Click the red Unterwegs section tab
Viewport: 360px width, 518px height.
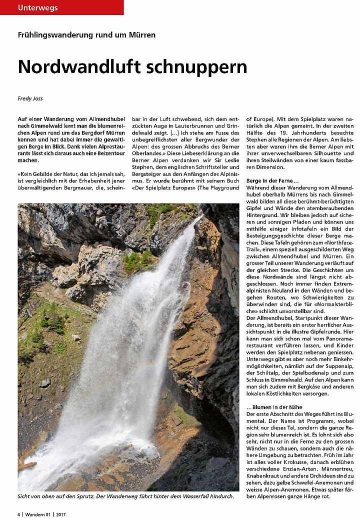tap(38, 7)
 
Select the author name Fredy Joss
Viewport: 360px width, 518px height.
tap(31, 99)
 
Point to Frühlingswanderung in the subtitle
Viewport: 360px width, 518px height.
tap(53, 35)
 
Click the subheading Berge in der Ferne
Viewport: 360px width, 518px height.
tap(272, 179)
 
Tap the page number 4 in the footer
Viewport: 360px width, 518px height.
tap(19, 513)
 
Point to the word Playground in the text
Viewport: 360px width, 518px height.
tap(223, 187)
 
